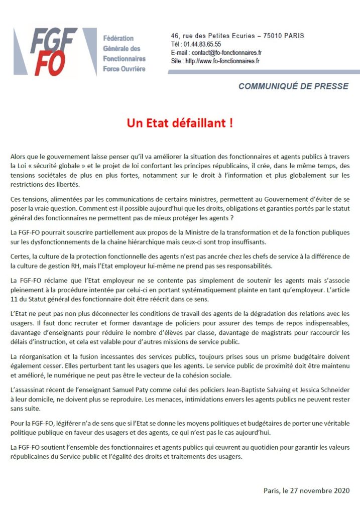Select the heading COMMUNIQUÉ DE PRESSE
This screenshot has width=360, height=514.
[x=293, y=86]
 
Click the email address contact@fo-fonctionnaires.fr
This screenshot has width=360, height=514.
[x=225, y=52]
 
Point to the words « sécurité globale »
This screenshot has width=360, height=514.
[x=49, y=166]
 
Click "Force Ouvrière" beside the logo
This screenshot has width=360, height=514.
[x=124, y=69]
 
